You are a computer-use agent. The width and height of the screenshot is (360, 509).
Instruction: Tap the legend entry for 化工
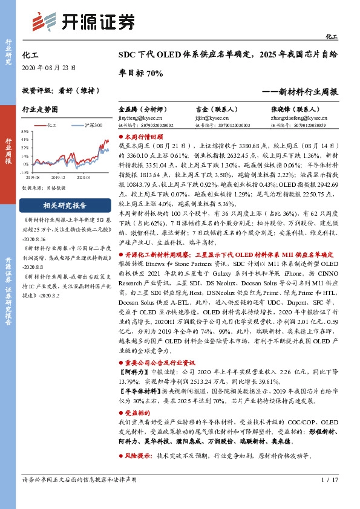50,125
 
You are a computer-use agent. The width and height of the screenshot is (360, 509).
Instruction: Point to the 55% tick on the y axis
25,131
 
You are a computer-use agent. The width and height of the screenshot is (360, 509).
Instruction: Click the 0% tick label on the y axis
26,163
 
